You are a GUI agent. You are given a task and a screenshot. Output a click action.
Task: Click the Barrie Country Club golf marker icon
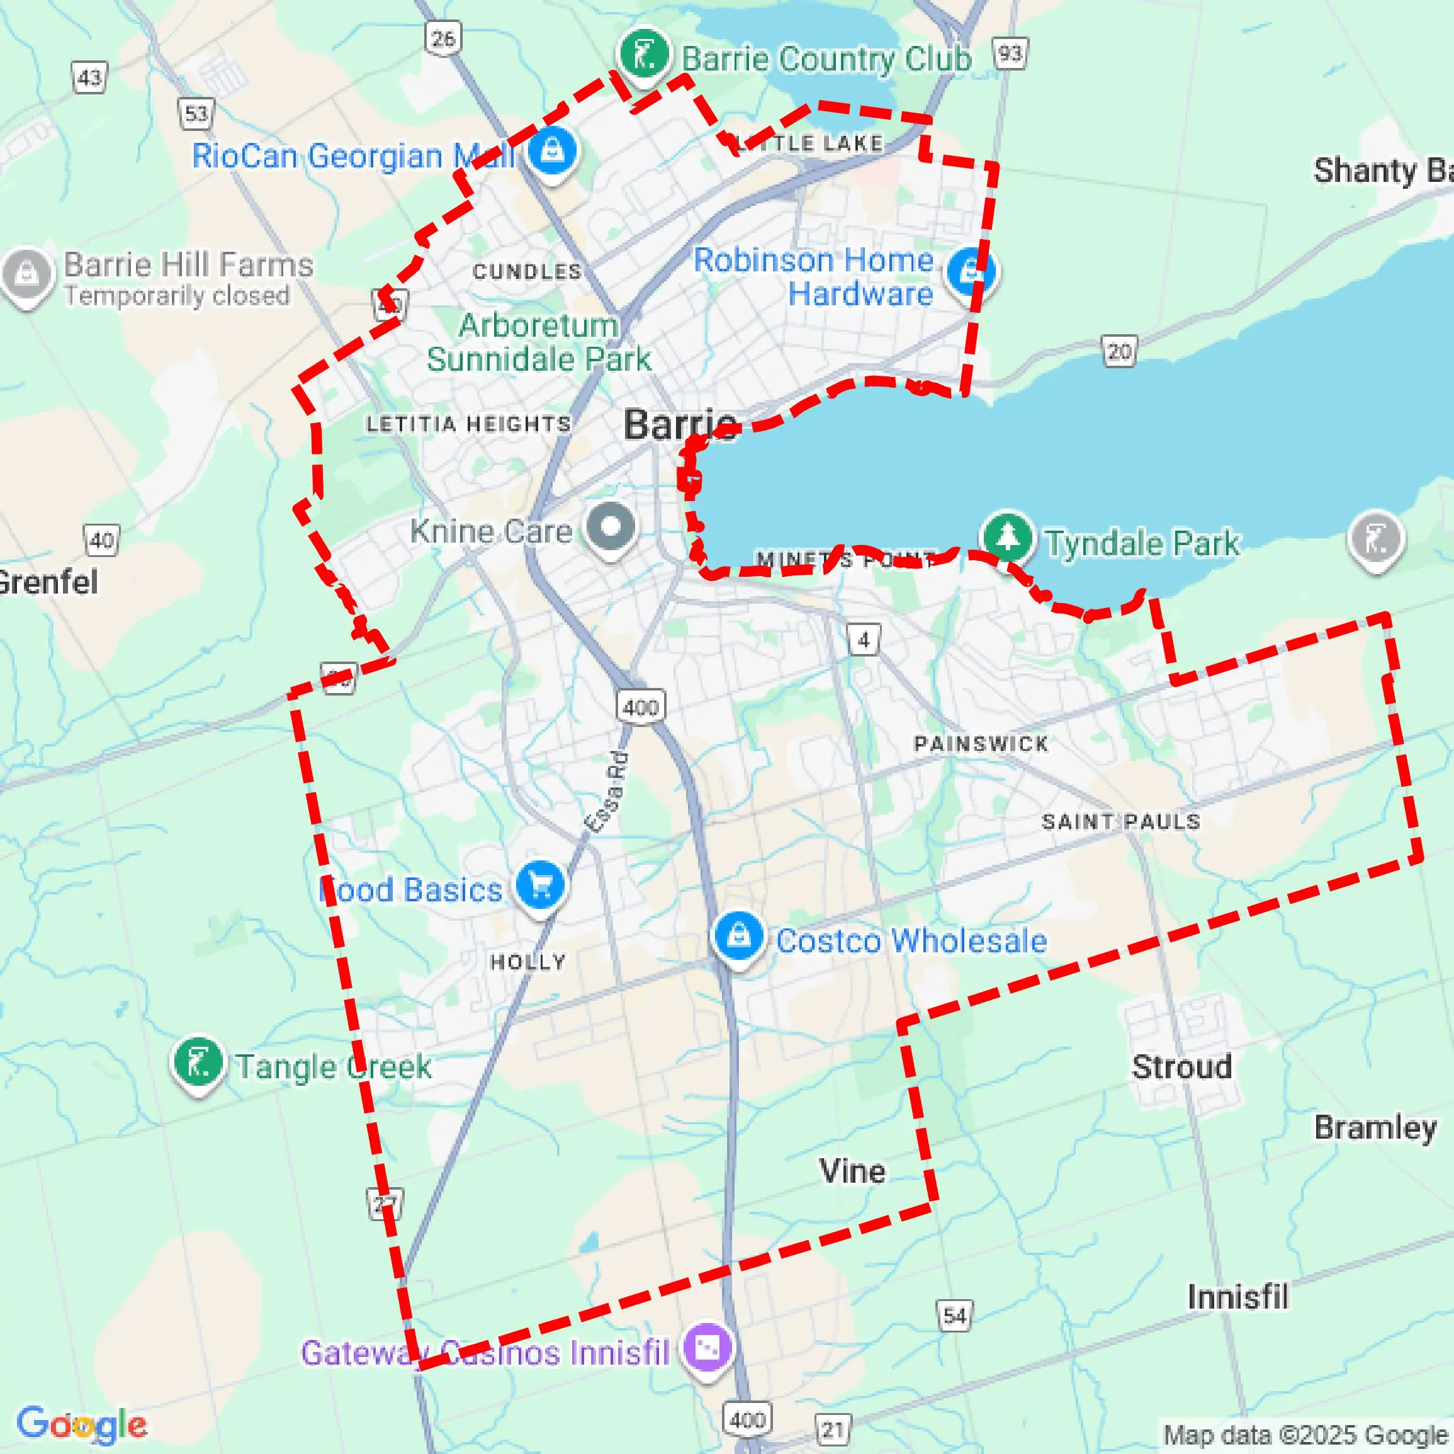pos(643,54)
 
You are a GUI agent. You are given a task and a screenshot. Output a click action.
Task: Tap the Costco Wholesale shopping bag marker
pos(738,936)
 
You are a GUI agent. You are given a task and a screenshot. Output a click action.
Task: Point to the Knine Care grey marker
pos(611,526)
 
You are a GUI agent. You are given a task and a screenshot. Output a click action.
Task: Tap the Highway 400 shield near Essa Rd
pos(641,707)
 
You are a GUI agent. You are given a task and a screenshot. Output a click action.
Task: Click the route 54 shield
pos(954,1316)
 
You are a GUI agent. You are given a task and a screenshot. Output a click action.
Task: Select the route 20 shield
pos(1119,351)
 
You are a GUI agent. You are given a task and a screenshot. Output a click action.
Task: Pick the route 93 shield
pos(1010,54)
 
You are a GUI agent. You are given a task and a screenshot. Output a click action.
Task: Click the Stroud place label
pos(1181,1067)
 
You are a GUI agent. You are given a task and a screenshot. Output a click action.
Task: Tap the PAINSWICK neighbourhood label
pos(981,744)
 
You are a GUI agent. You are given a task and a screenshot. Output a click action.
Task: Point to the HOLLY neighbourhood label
pos(527,962)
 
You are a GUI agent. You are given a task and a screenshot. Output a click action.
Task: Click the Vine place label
pos(852,1171)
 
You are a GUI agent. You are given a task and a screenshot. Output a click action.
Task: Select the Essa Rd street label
pos(607,792)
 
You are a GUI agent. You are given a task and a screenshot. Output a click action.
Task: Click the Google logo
pos(81,1424)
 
